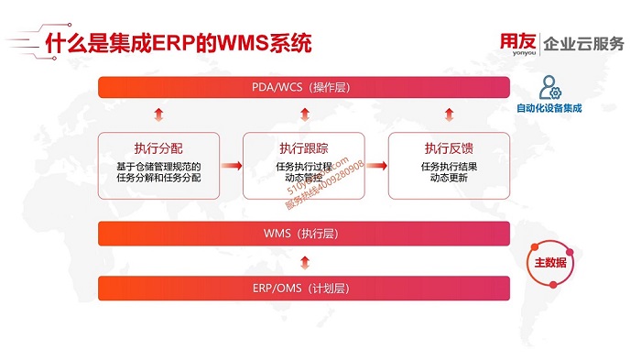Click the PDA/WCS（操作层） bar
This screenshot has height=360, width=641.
pyautogui.click(x=303, y=87)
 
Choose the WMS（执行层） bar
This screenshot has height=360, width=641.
pyautogui.click(x=303, y=234)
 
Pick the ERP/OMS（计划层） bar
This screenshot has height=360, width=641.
pyautogui.click(x=303, y=289)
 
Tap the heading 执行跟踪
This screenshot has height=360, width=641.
pyautogui.click(x=303, y=147)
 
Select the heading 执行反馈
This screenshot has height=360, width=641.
pyautogui.click(x=449, y=147)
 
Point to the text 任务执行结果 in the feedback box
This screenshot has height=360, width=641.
pyautogui.click(x=449, y=166)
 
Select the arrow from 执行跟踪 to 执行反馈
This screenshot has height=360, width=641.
pyautogui.click(x=376, y=166)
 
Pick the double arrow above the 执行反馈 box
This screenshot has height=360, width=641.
pyautogui.click(x=449, y=115)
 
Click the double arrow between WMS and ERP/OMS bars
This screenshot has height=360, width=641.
pyautogui.click(x=303, y=261)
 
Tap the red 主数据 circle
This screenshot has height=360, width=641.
pyautogui.click(x=549, y=263)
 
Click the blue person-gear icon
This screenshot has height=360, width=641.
pyautogui.click(x=549, y=88)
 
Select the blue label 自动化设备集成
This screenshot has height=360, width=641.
pyautogui.click(x=549, y=108)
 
